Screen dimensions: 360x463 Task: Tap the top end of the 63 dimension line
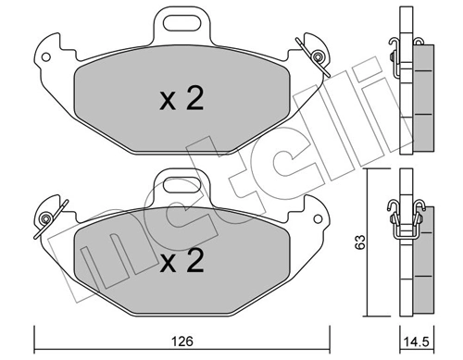366,172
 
